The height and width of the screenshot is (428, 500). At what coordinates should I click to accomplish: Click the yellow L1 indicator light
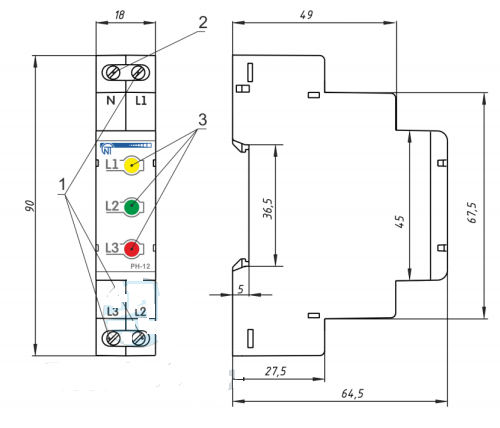(132, 165)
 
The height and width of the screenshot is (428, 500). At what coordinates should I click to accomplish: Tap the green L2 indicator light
(132, 207)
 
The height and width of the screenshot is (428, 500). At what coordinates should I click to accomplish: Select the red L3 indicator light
(132, 249)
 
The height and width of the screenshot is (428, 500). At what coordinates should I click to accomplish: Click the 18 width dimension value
(120, 15)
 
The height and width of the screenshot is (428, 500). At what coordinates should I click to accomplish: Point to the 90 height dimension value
(29, 206)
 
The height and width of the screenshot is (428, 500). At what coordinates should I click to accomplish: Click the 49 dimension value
(306, 15)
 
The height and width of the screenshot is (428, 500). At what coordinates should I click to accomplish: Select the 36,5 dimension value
(268, 209)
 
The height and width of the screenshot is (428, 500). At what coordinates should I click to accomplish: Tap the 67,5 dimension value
(472, 212)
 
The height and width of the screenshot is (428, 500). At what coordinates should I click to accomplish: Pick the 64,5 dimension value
(352, 394)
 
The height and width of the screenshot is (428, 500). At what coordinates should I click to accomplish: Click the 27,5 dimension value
(276, 371)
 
